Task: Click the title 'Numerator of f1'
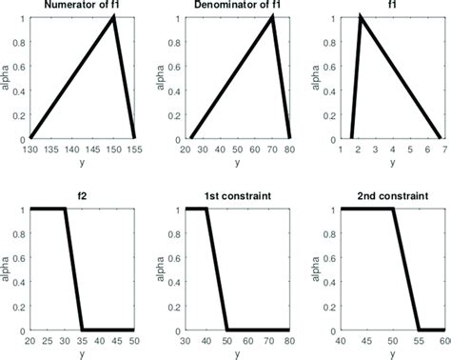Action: point(83,8)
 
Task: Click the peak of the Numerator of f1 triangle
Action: point(114,17)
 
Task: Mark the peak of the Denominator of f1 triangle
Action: point(272,17)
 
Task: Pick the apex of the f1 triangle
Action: point(361,17)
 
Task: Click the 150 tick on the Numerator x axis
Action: point(114,149)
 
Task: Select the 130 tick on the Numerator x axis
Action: point(31,149)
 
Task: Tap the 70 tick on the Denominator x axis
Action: point(272,149)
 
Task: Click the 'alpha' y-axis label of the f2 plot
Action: point(8,269)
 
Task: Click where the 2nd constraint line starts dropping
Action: point(393,209)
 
